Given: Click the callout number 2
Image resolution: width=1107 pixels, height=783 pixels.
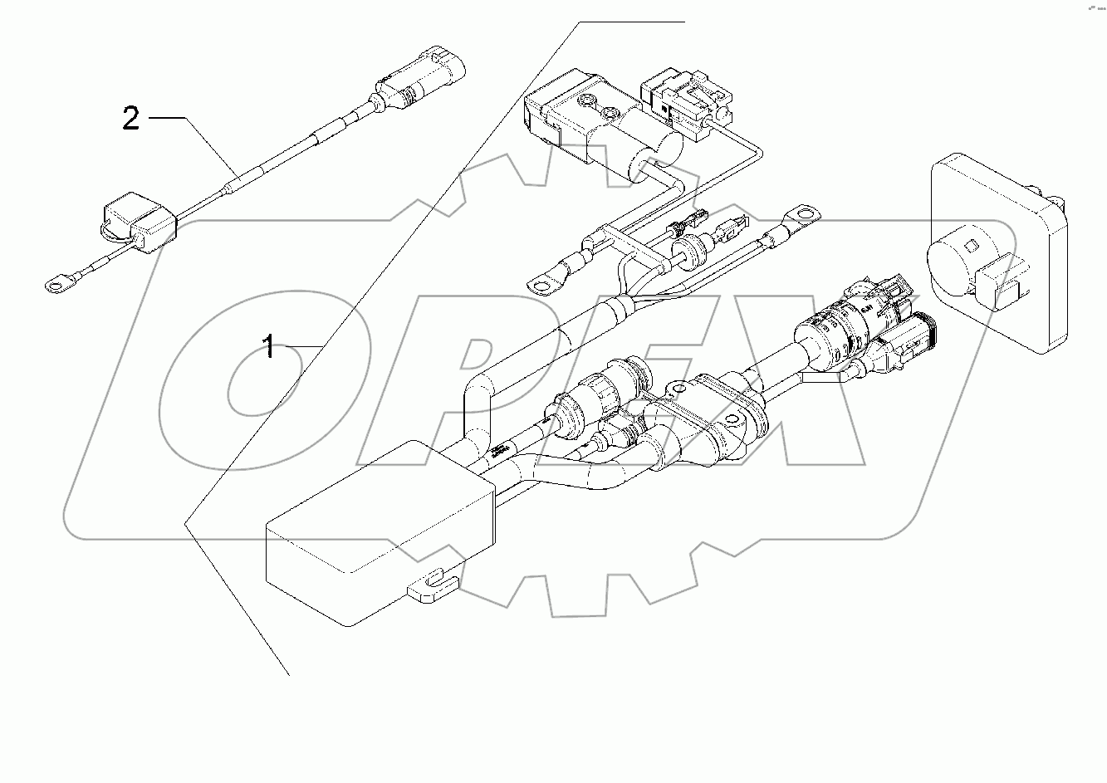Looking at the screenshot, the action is [x=130, y=119].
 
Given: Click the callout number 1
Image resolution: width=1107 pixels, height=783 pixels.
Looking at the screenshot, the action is [x=268, y=345].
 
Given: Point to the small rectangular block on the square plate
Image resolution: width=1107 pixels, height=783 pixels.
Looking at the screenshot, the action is [x=1002, y=282].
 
